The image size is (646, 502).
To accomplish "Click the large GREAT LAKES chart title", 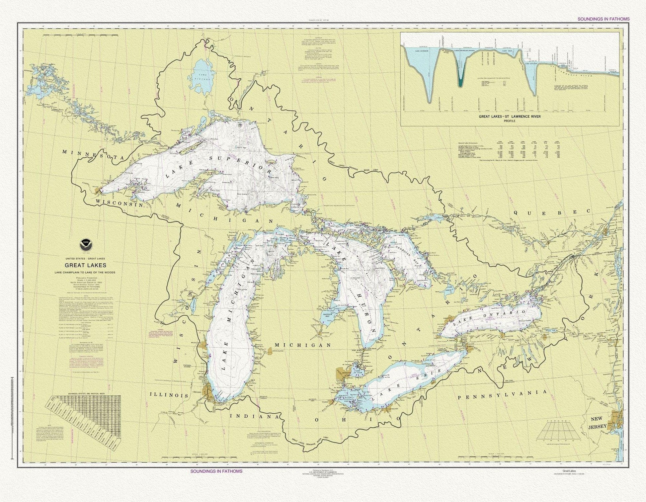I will [86, 265].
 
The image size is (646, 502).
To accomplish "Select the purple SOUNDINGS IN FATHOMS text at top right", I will [603, 19].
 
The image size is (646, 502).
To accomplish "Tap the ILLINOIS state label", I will [169, 395].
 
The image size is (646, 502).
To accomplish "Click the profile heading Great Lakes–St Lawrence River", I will [510, 117].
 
